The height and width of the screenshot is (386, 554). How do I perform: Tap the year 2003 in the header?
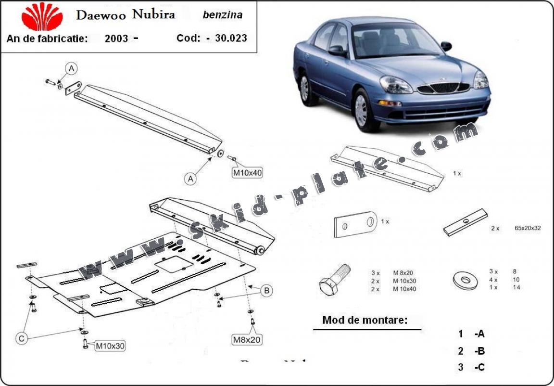pos(116,39)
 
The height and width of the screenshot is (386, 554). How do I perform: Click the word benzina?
pos(222,14)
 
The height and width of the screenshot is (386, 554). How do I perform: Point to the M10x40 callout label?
pos(248,172)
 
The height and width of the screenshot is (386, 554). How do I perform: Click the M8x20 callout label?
pos(247,339)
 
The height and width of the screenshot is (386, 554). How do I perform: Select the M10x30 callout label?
pos(110,345)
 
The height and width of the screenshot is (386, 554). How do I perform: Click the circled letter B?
pos(267,290)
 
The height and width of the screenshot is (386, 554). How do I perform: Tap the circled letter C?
pos(22,339)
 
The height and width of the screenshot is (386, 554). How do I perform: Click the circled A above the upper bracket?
pos(71,69)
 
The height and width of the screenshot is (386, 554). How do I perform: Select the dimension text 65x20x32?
pos(527,228)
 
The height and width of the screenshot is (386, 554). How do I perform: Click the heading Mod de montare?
pos(365,320)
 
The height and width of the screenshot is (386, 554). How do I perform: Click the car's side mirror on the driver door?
pos(338,50)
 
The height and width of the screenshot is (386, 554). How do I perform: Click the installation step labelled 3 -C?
pos(471,368)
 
